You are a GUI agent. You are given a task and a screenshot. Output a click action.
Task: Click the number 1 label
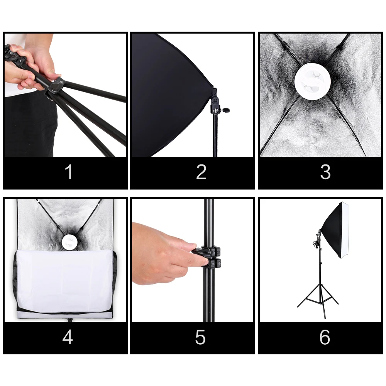69,172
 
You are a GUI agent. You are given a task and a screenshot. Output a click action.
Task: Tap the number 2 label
201,172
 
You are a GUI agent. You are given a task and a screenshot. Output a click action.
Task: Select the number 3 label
325,172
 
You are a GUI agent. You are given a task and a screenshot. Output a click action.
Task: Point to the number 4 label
68,337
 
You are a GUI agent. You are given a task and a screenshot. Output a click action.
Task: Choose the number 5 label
200,337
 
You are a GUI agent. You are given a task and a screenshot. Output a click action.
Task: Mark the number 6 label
325,337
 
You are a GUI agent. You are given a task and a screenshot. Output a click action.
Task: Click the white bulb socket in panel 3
312,81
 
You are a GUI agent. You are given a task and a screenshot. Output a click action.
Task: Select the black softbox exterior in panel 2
170,95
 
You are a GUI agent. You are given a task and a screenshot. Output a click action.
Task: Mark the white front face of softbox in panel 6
345,230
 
